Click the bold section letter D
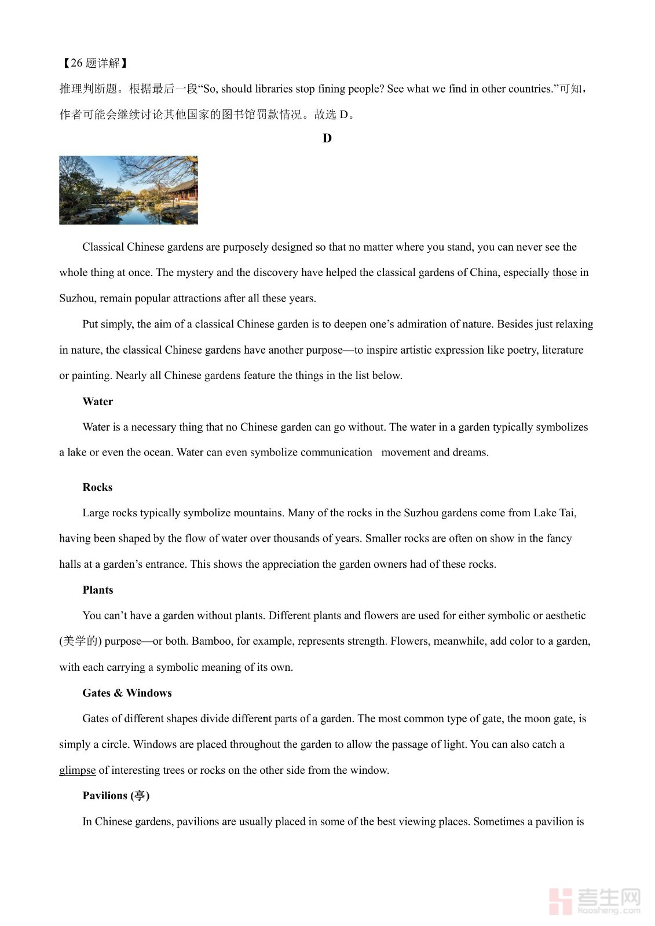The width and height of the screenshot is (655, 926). (327, 138)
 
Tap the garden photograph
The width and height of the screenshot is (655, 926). (129, 190)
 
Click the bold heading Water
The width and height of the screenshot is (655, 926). (98, 401)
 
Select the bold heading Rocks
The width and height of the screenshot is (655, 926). (97, 487)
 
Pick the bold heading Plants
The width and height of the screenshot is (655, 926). (98, 590)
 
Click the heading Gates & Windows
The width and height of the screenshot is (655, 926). (127, 693)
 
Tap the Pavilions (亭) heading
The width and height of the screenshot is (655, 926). (116, 796)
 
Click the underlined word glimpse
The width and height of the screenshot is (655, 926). (77, 770)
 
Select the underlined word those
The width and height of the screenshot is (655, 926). (564, 273)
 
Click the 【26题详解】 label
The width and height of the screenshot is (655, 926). (94, 63)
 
